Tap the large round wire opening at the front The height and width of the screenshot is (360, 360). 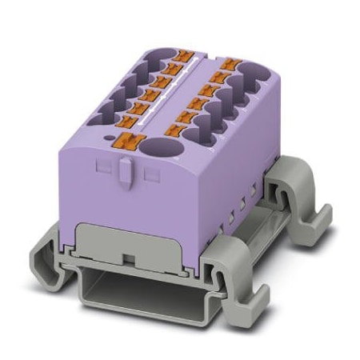click(162, 149)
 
